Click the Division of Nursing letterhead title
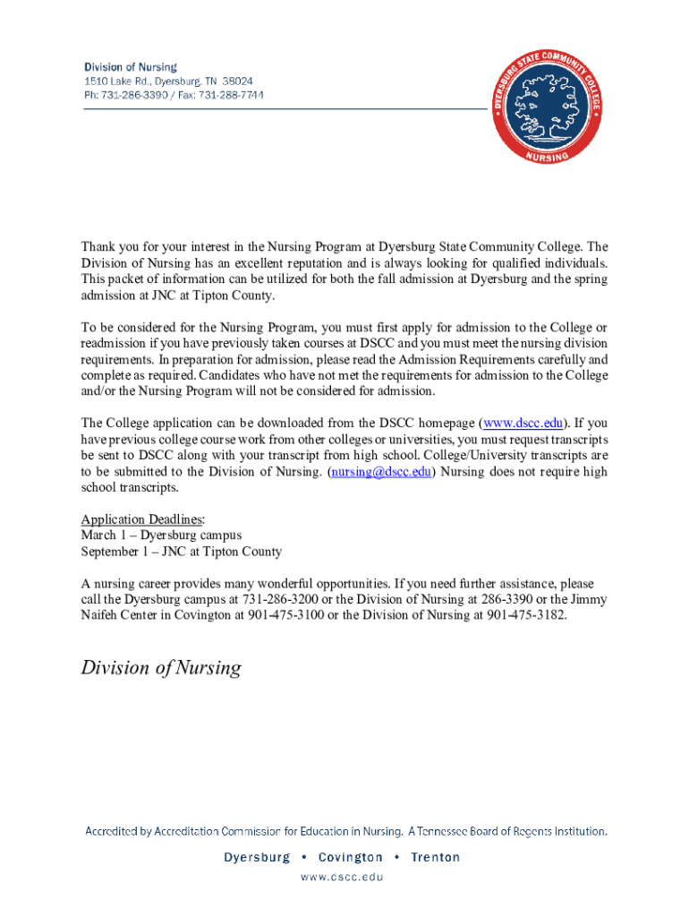coord(131,67)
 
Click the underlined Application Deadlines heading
coord(142,519)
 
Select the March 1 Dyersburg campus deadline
coord(161,536)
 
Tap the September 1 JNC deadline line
coord(181,552)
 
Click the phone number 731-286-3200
coord(269,600)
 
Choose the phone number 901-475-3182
coord(526,616)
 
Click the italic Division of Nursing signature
coord(161,668)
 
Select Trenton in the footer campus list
coord(435,857)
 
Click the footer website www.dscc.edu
coord(344,877)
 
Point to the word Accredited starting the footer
coord(118,831)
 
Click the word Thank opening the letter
coord(98,247)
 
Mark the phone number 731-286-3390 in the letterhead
coord(135,95)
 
